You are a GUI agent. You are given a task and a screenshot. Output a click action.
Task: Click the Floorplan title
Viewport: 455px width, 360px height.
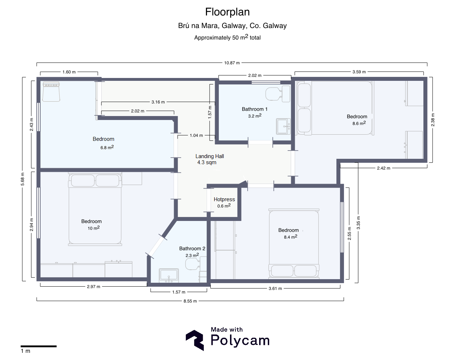(x=227, y=12)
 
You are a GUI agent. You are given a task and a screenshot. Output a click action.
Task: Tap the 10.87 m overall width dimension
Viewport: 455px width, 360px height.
(x=232, y=63)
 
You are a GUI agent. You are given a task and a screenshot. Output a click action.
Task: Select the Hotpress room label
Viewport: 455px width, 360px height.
(x=224, y=199)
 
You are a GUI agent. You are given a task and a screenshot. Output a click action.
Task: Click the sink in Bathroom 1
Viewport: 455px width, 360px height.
(x=283, y=126)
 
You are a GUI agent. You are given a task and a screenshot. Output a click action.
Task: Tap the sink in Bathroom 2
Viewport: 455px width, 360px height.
(x=169, y=276)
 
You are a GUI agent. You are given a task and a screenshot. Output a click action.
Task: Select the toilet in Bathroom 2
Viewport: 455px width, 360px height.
(x=196, y=264)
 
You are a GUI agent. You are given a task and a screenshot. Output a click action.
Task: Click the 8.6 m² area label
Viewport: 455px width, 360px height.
(x=359, y=123)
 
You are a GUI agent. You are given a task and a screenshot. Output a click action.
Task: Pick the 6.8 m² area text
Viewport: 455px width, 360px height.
(x=107, y=147)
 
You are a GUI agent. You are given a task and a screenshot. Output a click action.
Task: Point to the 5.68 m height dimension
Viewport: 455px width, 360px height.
(x=23, y=179)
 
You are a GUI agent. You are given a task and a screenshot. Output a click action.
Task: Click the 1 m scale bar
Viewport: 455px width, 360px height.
(x=38, y=346)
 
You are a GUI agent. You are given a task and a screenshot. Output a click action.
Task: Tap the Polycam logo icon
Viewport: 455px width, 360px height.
(x=195, y=340)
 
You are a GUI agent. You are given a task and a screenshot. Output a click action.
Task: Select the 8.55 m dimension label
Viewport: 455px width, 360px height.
(x=190, y=301)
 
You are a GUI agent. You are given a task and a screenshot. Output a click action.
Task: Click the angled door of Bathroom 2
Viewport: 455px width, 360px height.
(x=156, y=246)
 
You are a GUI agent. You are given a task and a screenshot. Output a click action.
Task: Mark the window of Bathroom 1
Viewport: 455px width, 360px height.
(x=266, y=82)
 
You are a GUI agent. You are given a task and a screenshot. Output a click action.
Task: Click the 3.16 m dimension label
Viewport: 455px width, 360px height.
(x=158, y=102)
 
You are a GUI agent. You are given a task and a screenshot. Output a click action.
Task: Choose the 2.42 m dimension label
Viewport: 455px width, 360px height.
(x=383, y=168)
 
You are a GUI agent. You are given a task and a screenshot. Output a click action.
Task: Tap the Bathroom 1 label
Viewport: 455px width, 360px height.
(x=254, y=109)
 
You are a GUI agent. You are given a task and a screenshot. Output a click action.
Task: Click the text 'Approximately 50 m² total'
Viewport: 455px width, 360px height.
(x=227, y=37)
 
